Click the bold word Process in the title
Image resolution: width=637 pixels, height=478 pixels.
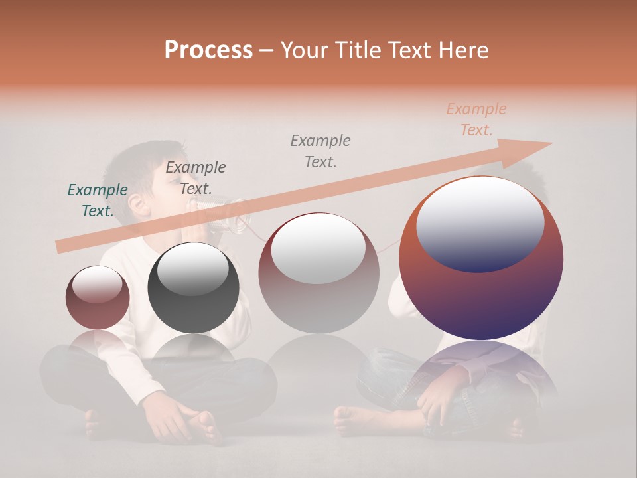208,50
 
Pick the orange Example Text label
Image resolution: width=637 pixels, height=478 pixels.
476,119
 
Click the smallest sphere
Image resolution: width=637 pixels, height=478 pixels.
98,297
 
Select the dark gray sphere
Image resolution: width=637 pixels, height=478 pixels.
193,288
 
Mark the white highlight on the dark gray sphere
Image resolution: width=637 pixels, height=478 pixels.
192,269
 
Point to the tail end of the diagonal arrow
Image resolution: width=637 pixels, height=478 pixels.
63,246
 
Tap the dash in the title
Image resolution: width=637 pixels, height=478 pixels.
266,50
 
